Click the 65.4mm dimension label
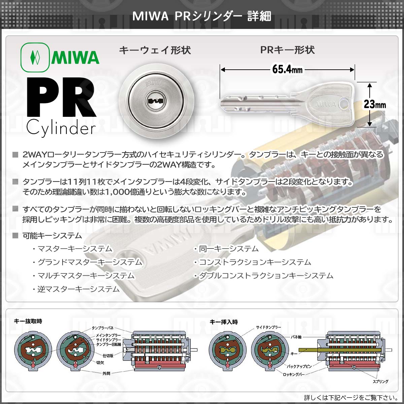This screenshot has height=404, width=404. click(287, 69)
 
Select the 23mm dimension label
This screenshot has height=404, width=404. click(375, 104)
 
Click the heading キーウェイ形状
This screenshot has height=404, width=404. click(155, 50)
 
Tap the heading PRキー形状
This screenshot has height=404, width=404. click(288, 50)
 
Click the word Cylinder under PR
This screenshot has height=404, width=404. click(61, 128)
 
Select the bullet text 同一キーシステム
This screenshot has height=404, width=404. click(229, 249)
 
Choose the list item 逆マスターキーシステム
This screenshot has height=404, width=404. click(78, 289)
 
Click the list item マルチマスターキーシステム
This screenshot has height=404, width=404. click(86, 276)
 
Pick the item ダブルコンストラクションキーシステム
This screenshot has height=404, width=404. click(266, 276)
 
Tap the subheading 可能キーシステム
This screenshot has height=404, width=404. click(52, 236)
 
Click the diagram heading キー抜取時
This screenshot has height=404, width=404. click(28, 321)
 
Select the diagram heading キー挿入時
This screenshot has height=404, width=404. click(224, 322)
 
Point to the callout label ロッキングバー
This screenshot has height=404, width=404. click(294, 374)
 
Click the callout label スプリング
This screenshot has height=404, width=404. click(380, 381)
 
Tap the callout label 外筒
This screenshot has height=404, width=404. click(106, 373)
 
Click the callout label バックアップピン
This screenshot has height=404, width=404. click(299, 366)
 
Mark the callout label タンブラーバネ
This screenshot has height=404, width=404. click(103, 328)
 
